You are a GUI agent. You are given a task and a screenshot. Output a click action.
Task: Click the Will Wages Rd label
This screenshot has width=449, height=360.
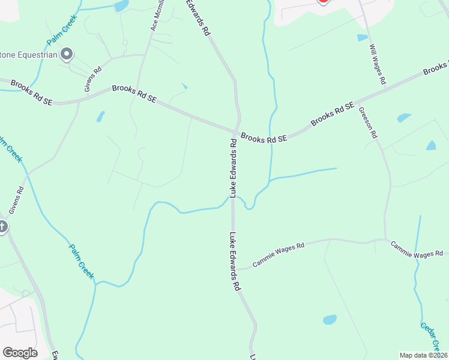(378, 64)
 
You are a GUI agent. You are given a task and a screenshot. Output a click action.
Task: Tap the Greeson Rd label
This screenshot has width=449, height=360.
(367, 122)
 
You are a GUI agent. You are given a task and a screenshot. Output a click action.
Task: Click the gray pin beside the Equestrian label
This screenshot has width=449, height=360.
(67, 55)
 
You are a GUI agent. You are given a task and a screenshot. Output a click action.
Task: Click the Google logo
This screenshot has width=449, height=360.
(20, 353)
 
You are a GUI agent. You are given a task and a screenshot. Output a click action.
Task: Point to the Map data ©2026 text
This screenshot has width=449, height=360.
(423, 355)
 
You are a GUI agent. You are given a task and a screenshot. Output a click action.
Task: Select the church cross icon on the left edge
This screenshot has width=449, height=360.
(2, 227)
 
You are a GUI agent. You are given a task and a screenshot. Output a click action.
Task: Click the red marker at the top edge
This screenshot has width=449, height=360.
(323, 2)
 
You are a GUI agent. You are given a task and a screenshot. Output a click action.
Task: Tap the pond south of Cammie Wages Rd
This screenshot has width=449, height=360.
(330, 319)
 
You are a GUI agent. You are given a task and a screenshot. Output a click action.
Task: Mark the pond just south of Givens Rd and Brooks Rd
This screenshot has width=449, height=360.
(101, 116)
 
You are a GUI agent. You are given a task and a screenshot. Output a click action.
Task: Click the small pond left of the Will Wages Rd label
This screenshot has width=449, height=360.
(362, 38)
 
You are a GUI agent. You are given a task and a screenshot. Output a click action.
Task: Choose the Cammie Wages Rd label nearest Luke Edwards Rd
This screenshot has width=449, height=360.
(279, 254)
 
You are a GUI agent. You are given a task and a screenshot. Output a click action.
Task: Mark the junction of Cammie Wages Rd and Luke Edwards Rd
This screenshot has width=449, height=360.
(237, 268)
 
